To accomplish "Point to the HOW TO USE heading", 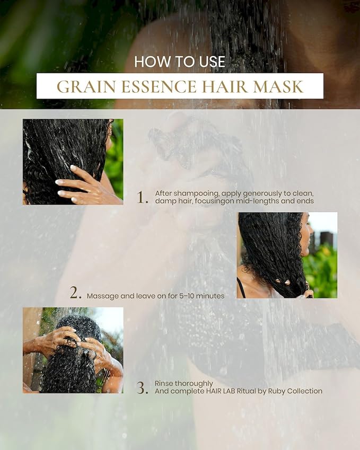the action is pyautogui.click(x=180, y=61).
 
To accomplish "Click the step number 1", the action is pyautogui.click(x=143, y=197).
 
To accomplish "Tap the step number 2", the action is pyautogui.click(x=76, y=293).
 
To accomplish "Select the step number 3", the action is pyautogui.click(x=143, y=388).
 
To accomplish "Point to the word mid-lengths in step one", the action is pyautogui.click(x=257, y=201).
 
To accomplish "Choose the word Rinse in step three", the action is pyautogui.click(x=164, y=383).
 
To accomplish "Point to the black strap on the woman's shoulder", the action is pyautogui.click(x=241, y=287).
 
